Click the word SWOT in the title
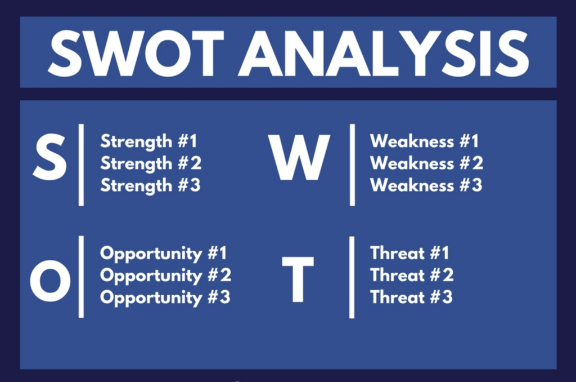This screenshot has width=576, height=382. [136, 54]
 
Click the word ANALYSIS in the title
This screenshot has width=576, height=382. [384, 54]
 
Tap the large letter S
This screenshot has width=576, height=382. [50, 158]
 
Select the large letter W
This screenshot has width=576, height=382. [299, 158]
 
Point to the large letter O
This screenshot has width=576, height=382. [50, 281]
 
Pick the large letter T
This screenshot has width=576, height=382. [298, 279]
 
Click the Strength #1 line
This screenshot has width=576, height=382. [148, 142]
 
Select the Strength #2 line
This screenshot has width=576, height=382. [151, 164]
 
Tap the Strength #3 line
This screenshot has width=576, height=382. [151, 186]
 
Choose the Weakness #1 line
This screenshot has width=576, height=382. [424, 141]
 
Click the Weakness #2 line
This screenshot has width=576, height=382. [426, 163]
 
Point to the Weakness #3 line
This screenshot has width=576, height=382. [426, 185]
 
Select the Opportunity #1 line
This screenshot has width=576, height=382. [164, 254]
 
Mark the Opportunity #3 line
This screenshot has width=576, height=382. [165, 298]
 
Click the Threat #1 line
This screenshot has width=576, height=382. [409, 253]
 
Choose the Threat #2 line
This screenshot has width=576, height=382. [412, 275]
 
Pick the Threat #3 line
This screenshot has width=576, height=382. [411, 297]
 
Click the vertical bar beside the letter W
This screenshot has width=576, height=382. [352, 165]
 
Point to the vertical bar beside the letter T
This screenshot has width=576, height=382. [352, 277]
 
